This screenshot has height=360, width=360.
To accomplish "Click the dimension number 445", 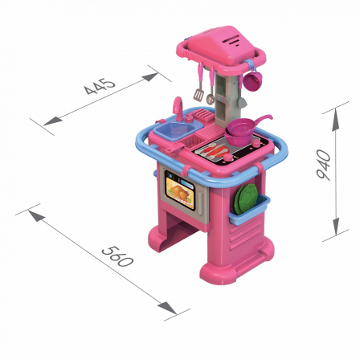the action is [x=100, y=86].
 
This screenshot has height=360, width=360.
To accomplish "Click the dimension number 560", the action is [x=117, y=256].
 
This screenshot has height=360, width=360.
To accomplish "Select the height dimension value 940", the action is [x=323, y=165].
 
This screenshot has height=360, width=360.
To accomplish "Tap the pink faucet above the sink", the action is [x=178, y=108].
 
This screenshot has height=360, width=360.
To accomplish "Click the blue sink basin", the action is [x=174, y=131].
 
